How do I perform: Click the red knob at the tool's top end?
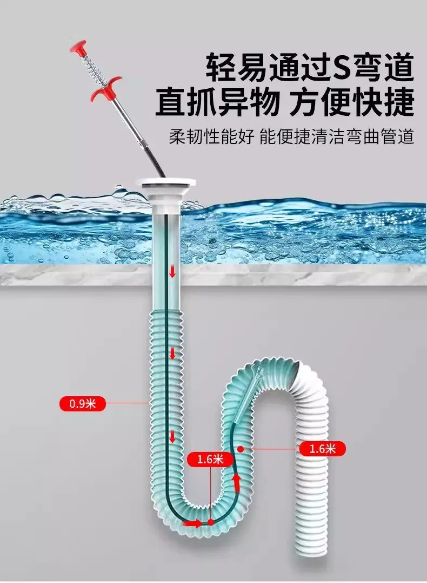coord(78,46)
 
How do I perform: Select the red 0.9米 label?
coord(83,403)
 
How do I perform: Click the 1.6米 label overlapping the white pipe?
coord(322,449)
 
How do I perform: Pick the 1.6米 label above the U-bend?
coord(210,460)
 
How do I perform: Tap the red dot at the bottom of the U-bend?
coord(211,522)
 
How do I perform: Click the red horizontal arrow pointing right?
coord(192,523)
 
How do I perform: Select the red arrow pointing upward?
coord(236,482)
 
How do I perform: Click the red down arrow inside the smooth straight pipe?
coord(172,272)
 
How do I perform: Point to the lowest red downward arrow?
coord(172,436)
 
